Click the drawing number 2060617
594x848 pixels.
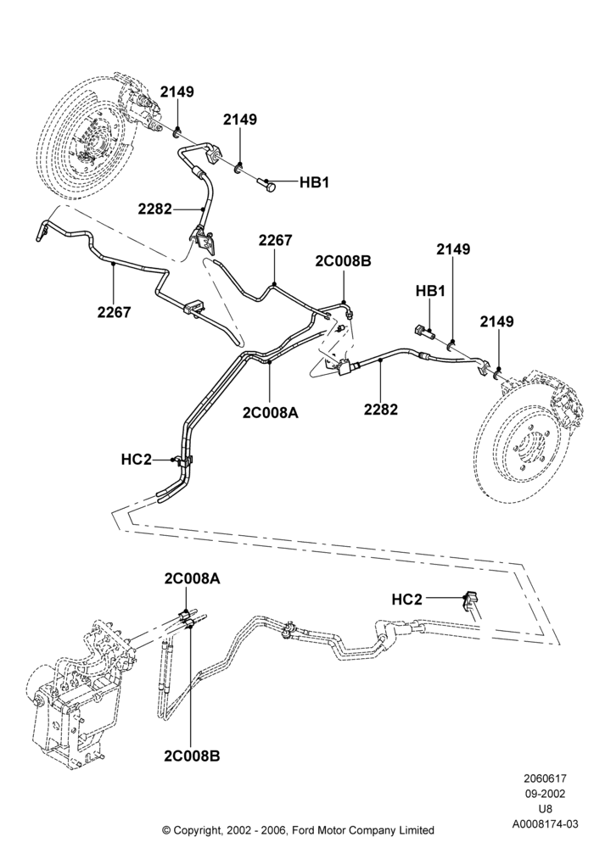pos(544,778)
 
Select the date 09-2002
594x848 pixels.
pos(545,794)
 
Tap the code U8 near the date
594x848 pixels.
pos(545,809)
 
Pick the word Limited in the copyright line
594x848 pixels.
pos(416,829)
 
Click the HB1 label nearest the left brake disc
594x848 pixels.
pos(314,183)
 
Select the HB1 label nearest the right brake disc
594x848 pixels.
pos(430,291)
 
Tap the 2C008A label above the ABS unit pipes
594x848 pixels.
pos(193,578)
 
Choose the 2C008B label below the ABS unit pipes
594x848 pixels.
pos(192,756)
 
